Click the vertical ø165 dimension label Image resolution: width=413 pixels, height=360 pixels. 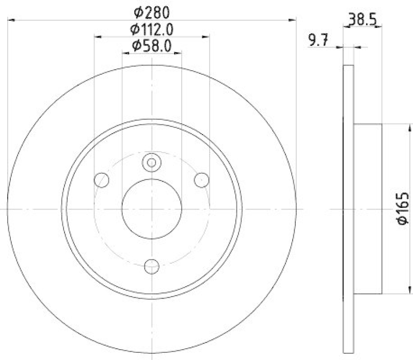tap(403, 208)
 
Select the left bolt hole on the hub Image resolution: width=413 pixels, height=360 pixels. tap(102, 180)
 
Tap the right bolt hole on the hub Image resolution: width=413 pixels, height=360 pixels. tap(201, 179)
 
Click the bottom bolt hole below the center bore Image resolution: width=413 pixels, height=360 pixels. tap(151, 266)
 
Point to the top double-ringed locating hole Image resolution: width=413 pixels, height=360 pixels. tap(151, 162)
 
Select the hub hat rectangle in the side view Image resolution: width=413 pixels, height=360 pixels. tap(368, 208)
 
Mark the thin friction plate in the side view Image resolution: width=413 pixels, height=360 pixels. tap(349, 208)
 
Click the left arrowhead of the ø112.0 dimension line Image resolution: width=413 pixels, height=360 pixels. tap(97, 37)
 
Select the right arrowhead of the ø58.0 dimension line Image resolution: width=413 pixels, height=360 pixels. tap(179, 53)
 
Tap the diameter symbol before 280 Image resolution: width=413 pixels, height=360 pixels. tap(137, 11)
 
